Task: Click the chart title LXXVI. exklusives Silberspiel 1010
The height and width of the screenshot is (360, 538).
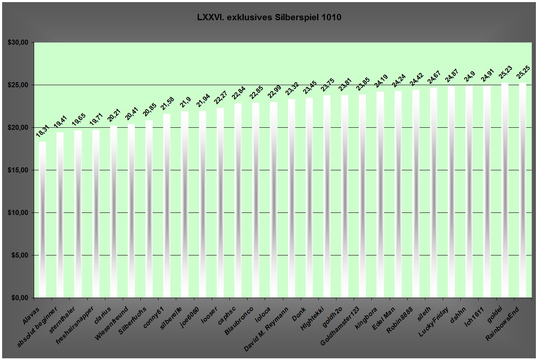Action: coord(269,18)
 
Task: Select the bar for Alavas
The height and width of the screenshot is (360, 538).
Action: coord(42,219)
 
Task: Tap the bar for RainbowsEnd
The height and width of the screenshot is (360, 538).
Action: coord(522,190)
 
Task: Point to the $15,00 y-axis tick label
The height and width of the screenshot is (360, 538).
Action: coord(18,170)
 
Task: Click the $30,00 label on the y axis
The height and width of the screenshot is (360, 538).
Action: coord(18,43)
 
